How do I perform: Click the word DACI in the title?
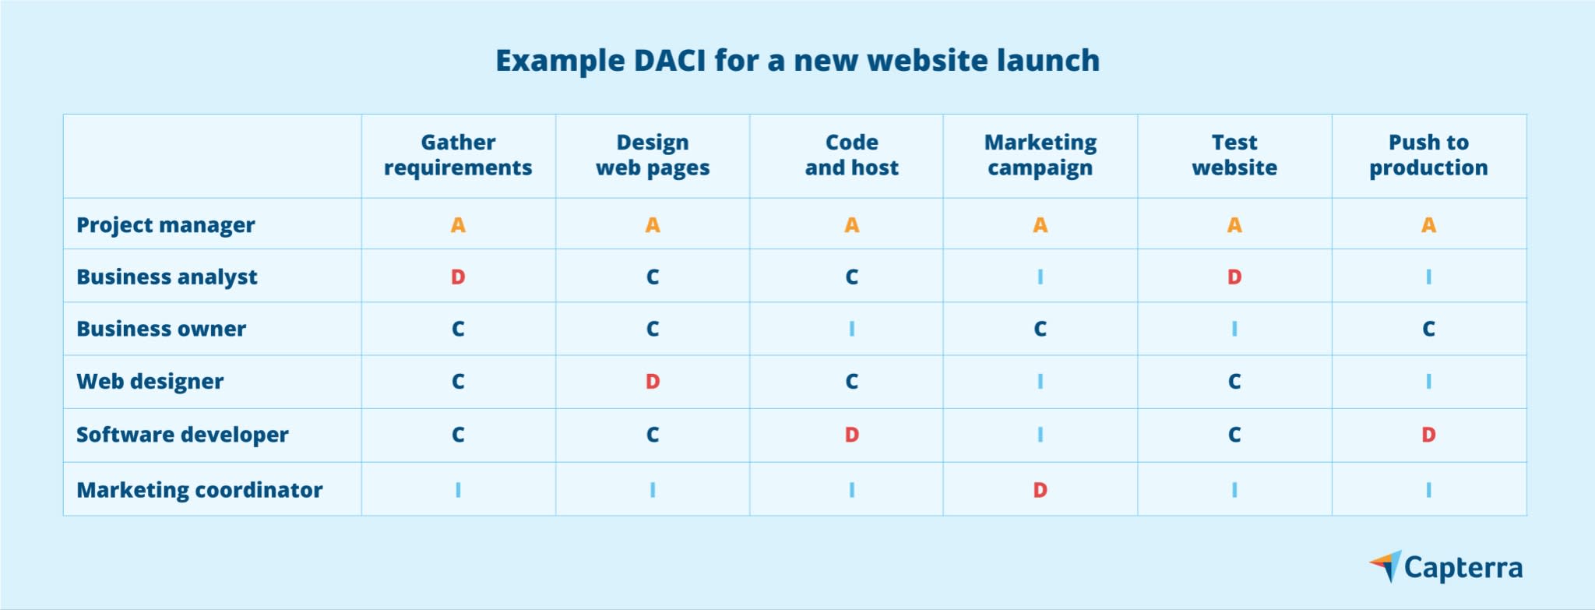coord(669,61)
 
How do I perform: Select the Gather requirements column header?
coord(458,155)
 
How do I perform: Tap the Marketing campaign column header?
coord(1040,155)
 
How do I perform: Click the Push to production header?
coord(1428,155)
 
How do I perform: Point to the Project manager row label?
coord(165,225)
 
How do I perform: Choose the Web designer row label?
coord(150,382)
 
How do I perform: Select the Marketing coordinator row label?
coord(199,490)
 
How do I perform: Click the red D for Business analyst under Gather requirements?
coord(458,277)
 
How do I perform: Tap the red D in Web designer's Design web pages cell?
coord(653,382)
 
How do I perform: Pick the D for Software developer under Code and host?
coord(852,435)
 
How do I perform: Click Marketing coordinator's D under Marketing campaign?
coord(1040,490)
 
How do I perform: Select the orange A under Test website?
coord(1234,225)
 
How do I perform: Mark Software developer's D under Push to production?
coord(1428,435)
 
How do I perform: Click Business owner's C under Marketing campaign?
coord(1040,329)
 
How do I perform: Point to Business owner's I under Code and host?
coord(852,329)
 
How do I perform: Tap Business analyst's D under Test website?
coord(1234,277)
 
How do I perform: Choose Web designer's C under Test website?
coord(1234,382)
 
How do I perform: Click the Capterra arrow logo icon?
coord(1386,566)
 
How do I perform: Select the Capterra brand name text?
coord(1463,569)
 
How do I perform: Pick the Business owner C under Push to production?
coord(1428,329)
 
